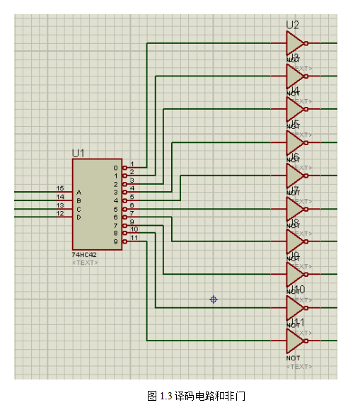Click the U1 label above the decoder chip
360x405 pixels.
tap(78, 152)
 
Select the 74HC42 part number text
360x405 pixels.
tap(85, 254)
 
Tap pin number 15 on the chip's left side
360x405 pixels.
tap(61, 188)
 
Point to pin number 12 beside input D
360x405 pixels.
tap(61, 213)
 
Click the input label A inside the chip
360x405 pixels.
tap(79, 192)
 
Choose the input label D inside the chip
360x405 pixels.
tap(79, 217)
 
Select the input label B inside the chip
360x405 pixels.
tap(79, 200)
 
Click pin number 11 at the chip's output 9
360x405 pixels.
tap(134, 238)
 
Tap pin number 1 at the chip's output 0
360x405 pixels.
tap(132, 164)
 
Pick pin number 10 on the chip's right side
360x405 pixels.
tap(134, 229)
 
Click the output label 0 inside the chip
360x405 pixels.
tap(116, 168)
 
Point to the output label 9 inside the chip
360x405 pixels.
tap(116, 241)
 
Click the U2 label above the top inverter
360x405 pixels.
tap(292, 25)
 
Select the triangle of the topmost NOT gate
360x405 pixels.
tap(294, 42)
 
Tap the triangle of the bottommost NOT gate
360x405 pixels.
tap(294, 341)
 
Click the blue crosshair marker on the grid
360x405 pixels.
tap(214, 300)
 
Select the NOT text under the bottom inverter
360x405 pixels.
tap(293, 358)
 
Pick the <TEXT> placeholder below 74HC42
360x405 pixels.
tap(85, 263)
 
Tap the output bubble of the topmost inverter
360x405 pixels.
tap(306, 42)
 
